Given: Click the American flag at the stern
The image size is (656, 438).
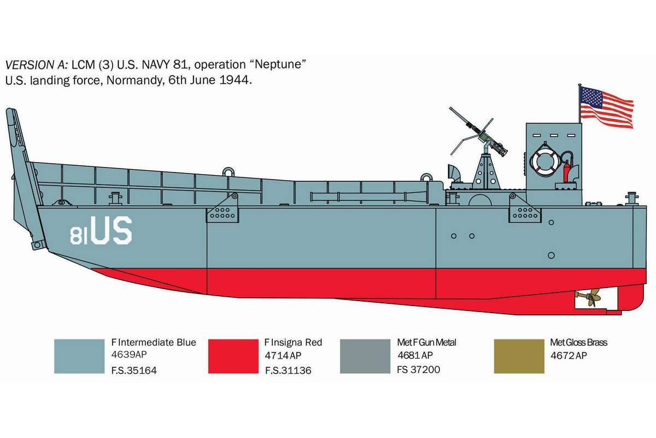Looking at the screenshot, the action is point(607,107).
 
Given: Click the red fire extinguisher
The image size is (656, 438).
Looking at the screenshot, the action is point(567,171).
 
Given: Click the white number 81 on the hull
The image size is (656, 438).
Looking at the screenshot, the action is point(79,235).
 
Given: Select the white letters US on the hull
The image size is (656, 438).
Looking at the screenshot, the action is point(112,230).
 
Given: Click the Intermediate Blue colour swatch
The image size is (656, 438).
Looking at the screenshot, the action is point(79,356).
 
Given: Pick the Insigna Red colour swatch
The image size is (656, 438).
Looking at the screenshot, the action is point(233,356).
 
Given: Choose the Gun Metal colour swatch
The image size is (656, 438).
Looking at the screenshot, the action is point(365,356).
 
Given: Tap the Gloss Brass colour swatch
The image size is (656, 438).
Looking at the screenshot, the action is point(519,356).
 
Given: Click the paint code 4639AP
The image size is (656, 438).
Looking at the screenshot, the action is point(129,354).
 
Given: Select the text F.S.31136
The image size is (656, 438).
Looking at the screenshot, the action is point(288,370).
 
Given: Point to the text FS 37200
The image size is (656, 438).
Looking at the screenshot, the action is point(419,370).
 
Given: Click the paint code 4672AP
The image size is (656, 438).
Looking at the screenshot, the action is point(569,355).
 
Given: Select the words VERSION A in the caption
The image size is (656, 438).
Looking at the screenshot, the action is point(37,65).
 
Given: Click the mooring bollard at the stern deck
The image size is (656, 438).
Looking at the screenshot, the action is point(632,199).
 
